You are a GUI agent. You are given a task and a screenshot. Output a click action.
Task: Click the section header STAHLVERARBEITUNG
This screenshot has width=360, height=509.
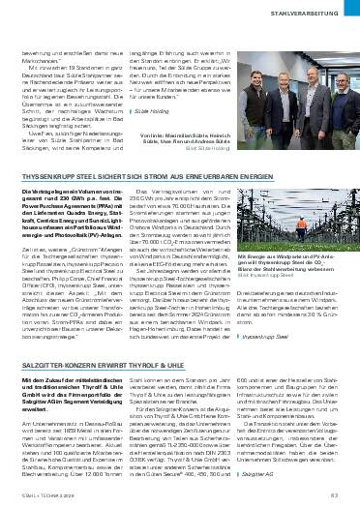tap(311, 13)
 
